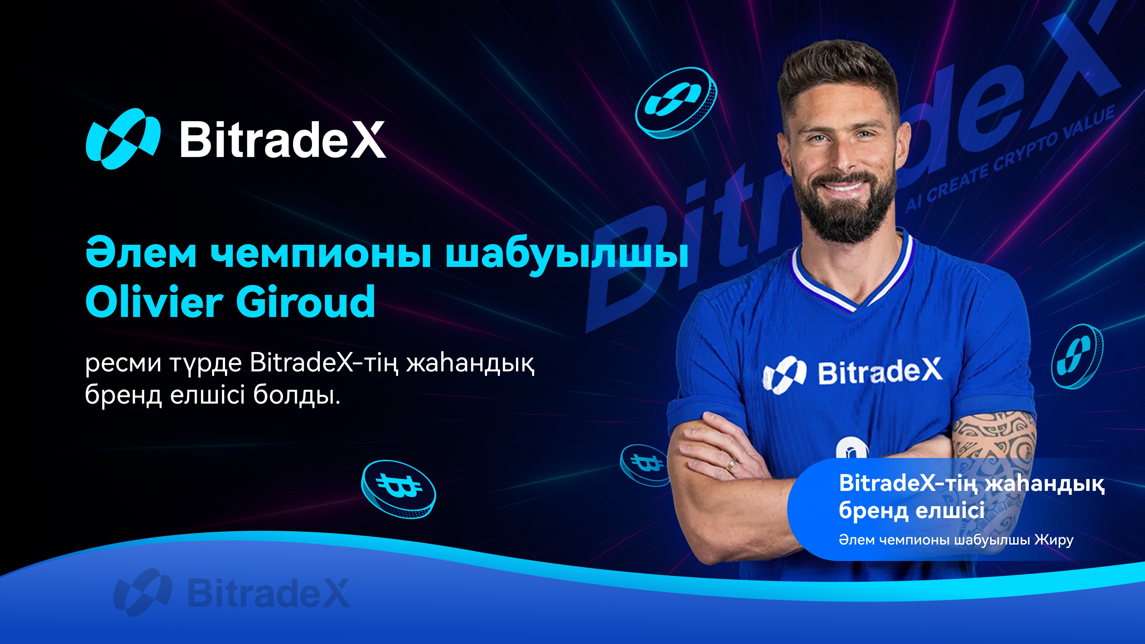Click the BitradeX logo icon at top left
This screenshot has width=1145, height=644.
point(123,139)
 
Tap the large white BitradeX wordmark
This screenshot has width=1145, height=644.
point(283,140)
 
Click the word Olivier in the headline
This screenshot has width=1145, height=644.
point(154,302)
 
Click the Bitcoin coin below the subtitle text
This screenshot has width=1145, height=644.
point(399,489)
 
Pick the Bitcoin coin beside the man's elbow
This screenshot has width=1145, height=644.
point(644,465)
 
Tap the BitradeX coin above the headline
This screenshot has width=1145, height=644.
point(676,103)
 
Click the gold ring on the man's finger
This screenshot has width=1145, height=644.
point(730,464)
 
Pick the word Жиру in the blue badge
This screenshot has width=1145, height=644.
point(1053,540)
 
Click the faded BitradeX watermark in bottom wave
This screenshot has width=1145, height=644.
point(232,592)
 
